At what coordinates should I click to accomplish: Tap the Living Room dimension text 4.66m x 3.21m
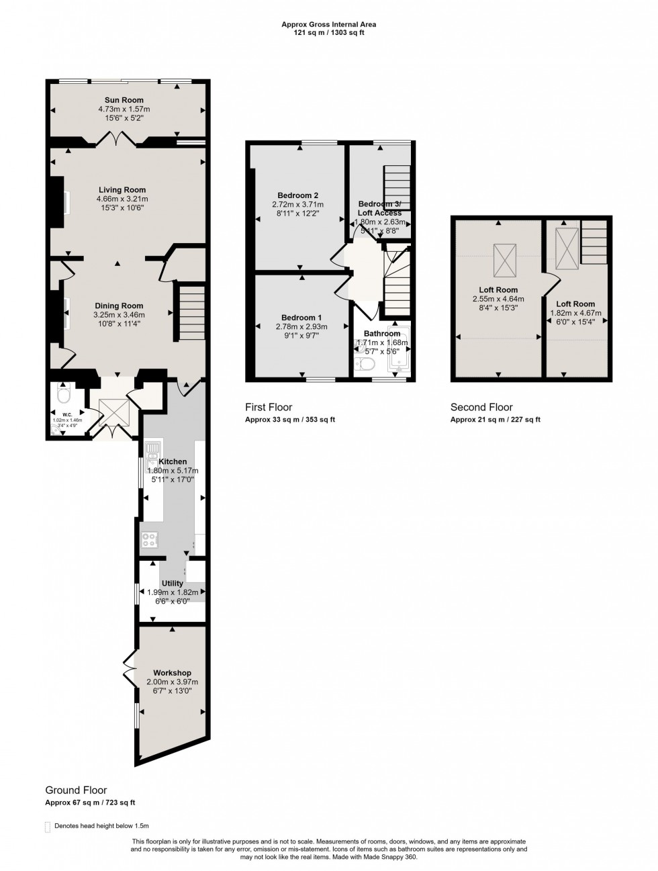(122, 199)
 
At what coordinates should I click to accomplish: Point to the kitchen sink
(151, 449)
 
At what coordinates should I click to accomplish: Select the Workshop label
(172, 673)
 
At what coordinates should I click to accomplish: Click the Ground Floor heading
(76, 790)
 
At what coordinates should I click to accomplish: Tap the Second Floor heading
(481, 407)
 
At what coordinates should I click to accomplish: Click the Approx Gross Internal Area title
(328, 24)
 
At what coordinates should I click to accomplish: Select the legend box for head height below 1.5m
(47, 827)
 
